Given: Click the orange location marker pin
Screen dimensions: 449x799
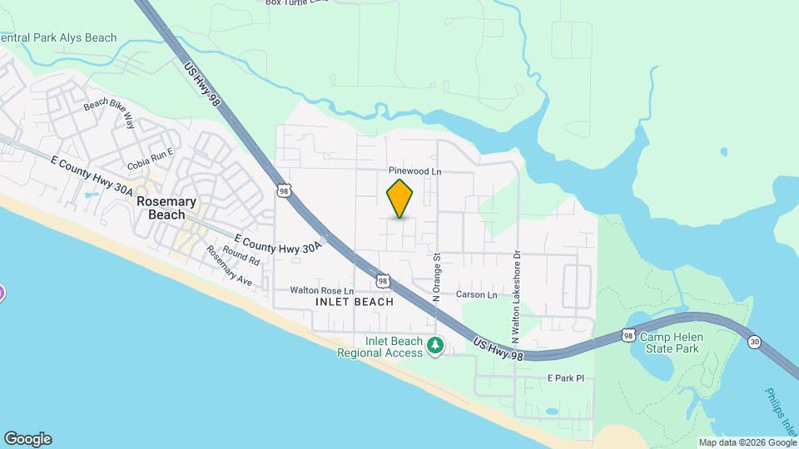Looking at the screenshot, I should [399, 198].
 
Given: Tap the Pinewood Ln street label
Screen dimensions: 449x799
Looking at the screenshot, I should [414, 171].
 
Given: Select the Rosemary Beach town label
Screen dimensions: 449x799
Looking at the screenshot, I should [166, 208].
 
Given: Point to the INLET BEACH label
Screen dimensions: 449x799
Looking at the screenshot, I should [355, 302].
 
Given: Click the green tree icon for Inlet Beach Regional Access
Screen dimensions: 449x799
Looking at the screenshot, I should [434, 344].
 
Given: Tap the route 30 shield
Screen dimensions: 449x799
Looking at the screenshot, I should [754, 341].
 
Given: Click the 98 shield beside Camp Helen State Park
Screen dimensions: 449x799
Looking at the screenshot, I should [628, 335].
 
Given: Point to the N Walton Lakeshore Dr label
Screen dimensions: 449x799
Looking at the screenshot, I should [516, 298].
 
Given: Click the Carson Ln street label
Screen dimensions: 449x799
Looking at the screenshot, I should [476, 294].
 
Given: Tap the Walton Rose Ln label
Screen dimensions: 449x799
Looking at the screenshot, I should [321, 290].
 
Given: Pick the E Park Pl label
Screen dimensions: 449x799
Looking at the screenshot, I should [566, 377].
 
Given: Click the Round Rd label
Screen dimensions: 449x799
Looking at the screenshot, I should [242, 259].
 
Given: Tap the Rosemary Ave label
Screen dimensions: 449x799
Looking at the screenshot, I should [230, 267].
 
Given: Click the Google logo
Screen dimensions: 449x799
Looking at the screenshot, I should [27, 438].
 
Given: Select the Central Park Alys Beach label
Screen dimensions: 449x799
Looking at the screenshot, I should [58, 38].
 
